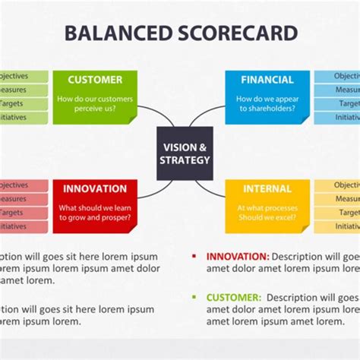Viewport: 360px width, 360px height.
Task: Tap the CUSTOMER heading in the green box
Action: coord(95,80)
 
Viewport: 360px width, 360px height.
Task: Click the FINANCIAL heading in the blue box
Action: coord(267,80)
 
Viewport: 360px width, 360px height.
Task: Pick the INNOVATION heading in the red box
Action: coord(95,188)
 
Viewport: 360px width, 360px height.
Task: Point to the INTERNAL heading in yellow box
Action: coord(267,188)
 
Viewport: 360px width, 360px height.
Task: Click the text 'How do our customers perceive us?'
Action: coord(95,103)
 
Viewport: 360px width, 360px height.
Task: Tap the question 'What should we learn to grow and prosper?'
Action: coord(95,213)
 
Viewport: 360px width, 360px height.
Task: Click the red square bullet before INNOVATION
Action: coord(194,257)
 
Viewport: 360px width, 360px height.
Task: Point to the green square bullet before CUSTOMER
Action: coord(194,298)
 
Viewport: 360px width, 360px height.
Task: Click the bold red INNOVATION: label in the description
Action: coord(238,257)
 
